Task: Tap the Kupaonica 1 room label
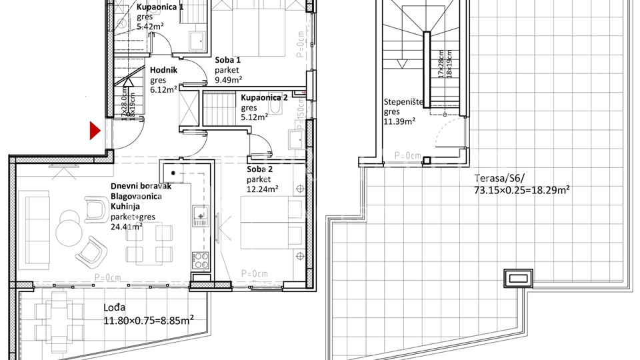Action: click(160, 6)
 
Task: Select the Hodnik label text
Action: click(163, 69)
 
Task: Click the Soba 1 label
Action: click(228, 60)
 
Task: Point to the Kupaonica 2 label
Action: click(264, 97)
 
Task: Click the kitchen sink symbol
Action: click(200, 215)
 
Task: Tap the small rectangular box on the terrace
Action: click(518, 277)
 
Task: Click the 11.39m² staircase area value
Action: click(399, 121)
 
